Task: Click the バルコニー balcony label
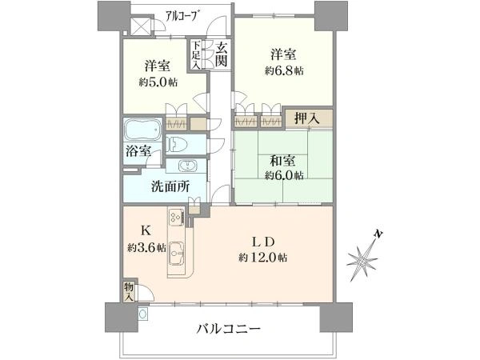tap(228, 330)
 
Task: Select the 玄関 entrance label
tap(221, 54)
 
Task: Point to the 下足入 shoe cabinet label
tap(196, 54)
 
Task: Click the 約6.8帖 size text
tap(284, 71)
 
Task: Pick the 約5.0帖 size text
tap(158, 82)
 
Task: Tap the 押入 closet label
tap(307, 118)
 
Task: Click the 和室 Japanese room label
tap(282, 161)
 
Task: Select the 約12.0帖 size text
tap(263, 258)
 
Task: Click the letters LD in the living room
tap(262, 242)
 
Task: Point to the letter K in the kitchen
tap(146, 231)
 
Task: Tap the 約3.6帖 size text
tap(147, 247)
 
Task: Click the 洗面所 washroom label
tap(170, 186)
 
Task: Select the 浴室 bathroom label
tap(138, 151)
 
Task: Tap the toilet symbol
tap(175, 144)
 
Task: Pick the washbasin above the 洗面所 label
tap(186, 166)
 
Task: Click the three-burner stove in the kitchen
tap(176, 217)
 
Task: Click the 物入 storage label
tap(129, 292)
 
